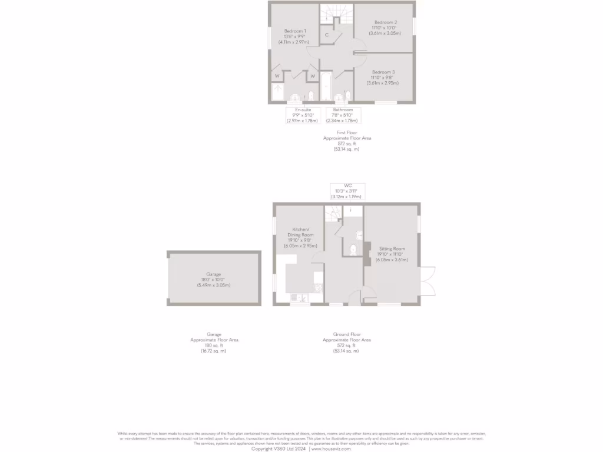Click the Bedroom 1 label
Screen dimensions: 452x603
(295, 31)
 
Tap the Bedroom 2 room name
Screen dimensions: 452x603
(386, 22)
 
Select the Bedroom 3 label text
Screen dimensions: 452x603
(383, 72)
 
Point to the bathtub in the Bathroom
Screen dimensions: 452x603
(326, 87)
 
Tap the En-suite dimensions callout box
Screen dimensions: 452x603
(303, 115)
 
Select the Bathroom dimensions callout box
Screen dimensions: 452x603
(342, 115)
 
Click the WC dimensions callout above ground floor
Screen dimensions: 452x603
(347, 191)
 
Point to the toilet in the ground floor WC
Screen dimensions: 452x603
(354, 250)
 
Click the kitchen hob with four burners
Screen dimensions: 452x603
(319, 288)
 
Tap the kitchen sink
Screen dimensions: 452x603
(300, 297)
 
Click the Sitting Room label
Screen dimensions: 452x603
(392, 249)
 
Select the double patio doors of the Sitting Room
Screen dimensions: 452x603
(429, 282)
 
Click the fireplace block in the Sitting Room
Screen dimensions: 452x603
(366, 251)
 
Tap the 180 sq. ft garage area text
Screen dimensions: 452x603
(213, 345)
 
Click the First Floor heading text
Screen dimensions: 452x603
(347, 133)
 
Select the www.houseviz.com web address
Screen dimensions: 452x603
(331, 448)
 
